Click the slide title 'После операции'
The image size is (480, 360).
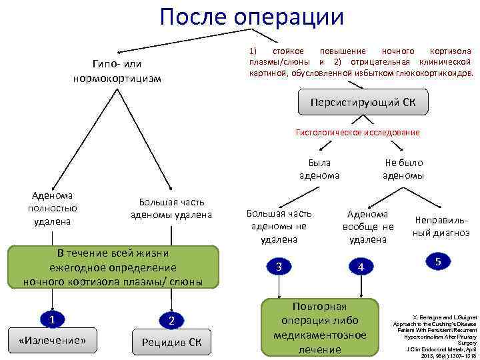coord(252,17)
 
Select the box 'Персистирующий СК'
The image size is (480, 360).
coord(363,103)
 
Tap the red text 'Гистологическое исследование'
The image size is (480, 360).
coord(357,133)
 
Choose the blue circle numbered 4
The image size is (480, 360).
coord(361,267)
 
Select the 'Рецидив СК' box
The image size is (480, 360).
coord(171,343)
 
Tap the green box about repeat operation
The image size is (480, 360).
coord(320,327)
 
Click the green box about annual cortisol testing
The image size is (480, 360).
coord(113,267)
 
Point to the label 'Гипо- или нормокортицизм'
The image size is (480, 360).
coord(117,71)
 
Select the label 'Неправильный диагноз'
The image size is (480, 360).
coord(441,226)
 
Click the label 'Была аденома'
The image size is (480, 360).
coord(319,169)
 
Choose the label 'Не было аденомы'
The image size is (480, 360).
coord(403,169)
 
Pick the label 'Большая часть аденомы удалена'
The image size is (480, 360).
coord(171,208)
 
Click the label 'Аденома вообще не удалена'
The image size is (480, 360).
coord(367,227)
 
